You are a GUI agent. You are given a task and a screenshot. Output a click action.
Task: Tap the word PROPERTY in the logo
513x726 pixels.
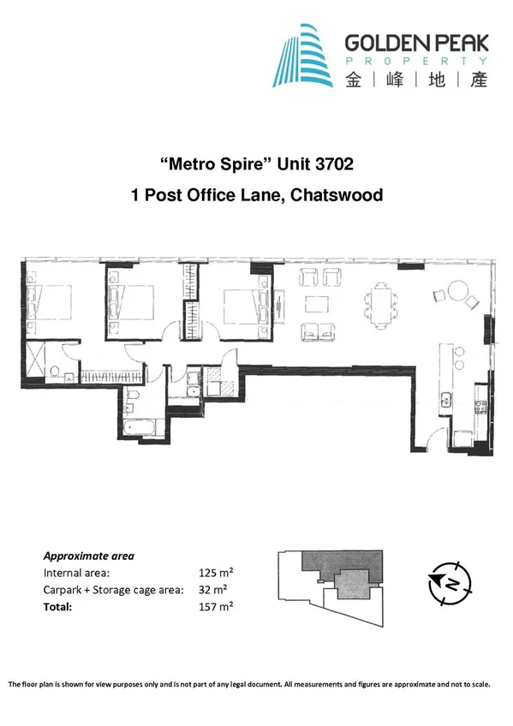pos(416,62)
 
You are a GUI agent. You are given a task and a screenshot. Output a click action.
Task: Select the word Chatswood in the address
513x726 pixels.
pos(336,195)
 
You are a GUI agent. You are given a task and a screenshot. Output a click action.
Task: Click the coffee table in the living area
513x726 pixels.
pos(318,303)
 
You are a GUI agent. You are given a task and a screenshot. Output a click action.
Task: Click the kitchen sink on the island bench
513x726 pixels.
pos(445,396)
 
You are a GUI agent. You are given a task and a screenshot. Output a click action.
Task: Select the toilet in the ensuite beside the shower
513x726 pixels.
pos(57,371)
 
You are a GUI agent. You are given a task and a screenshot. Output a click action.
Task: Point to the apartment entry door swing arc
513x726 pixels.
pos(437,438)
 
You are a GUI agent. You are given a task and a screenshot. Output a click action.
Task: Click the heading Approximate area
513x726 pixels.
pos(88,555)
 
